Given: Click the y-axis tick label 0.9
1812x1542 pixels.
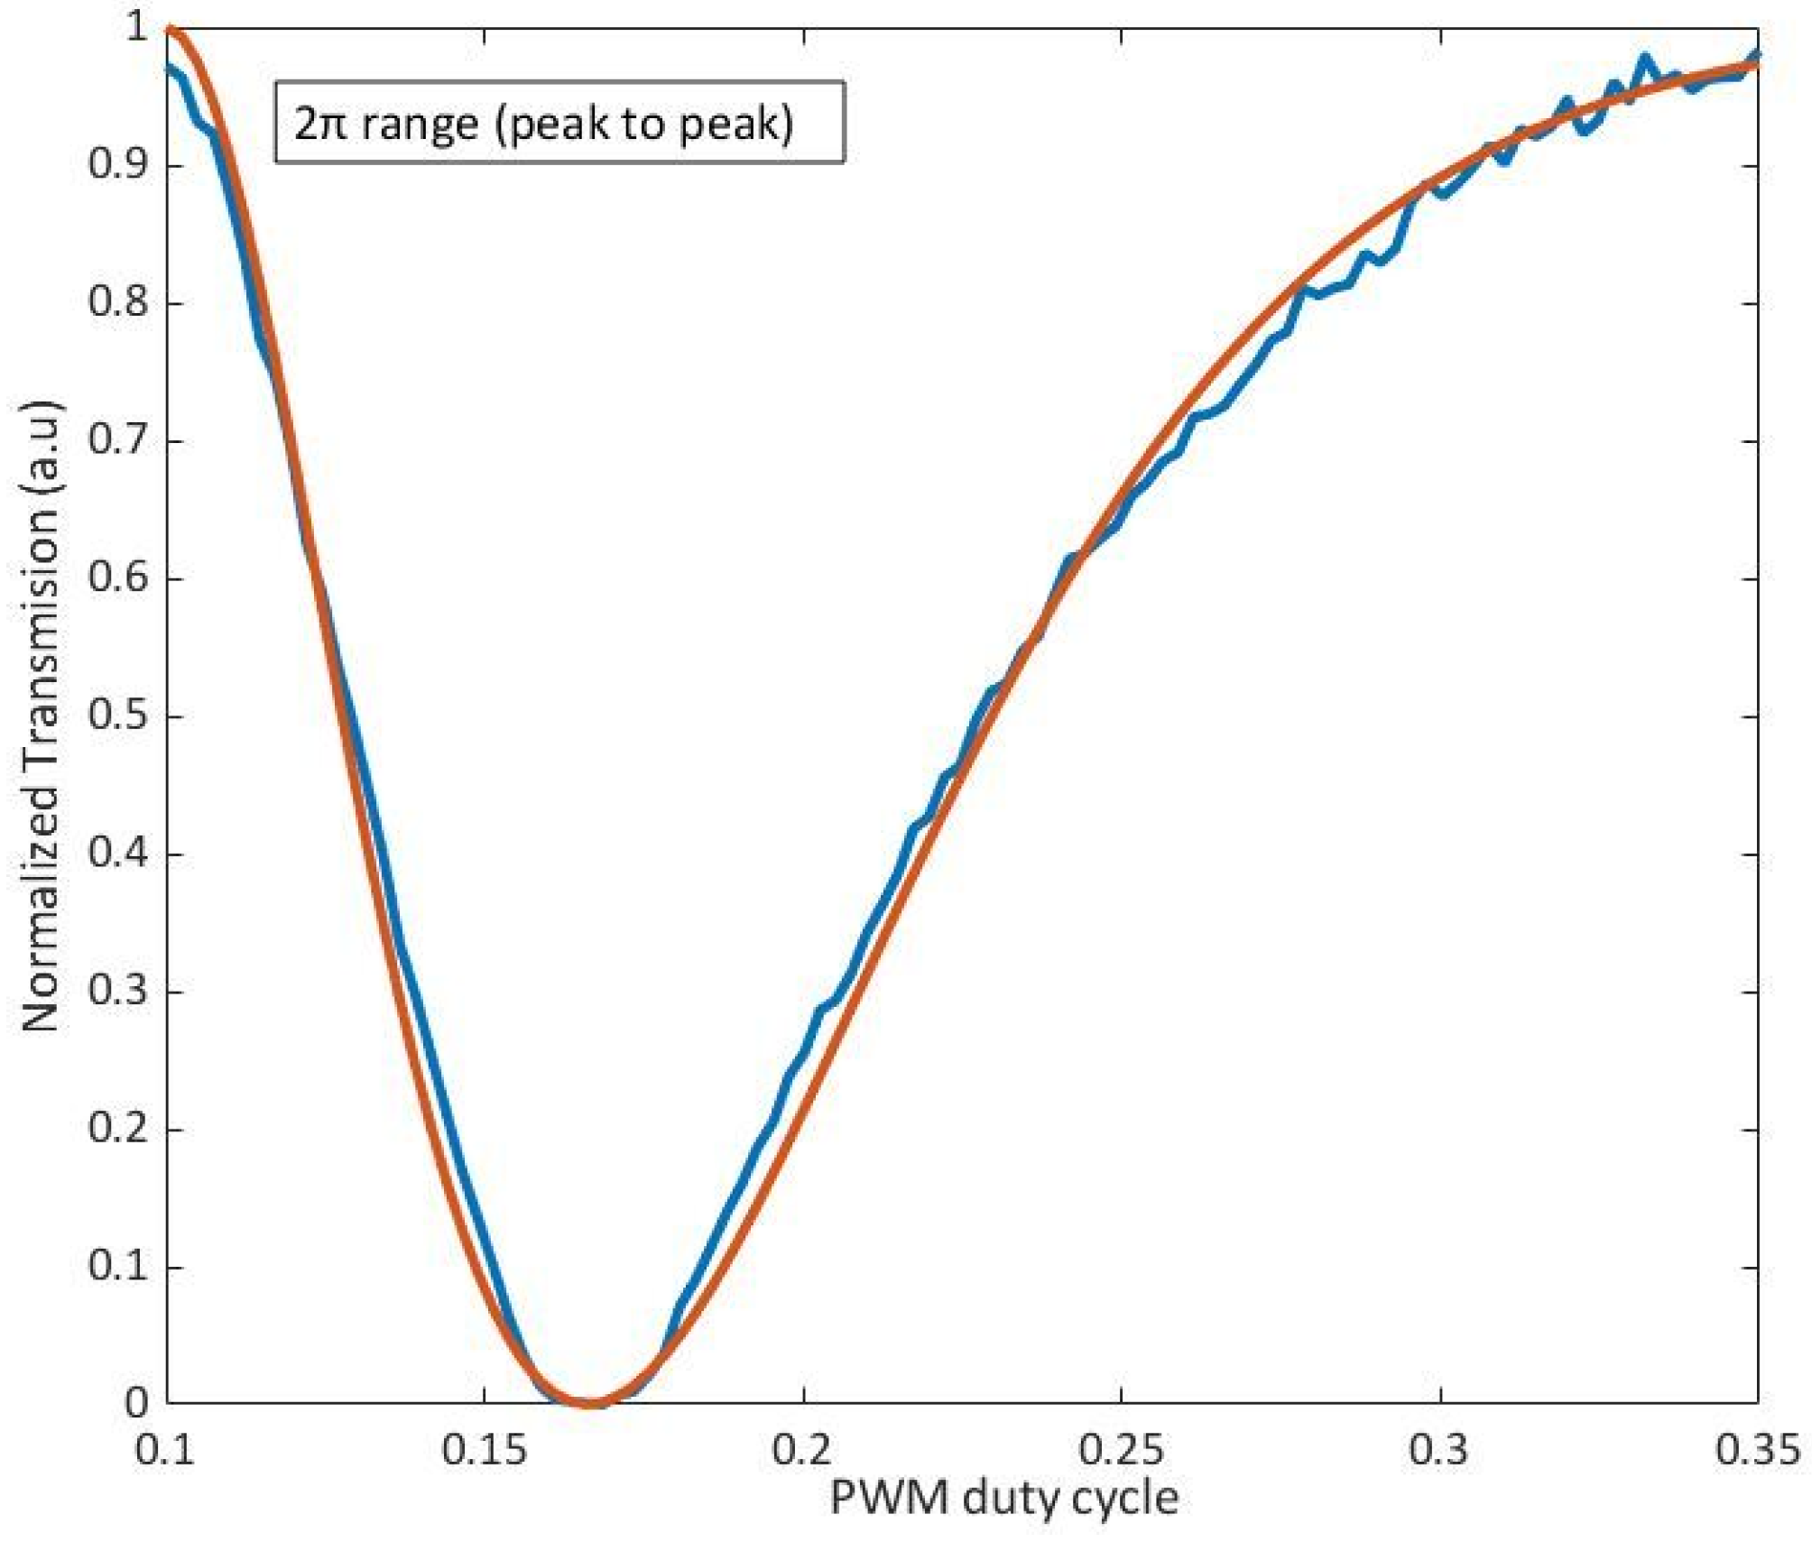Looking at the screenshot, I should (118, 165).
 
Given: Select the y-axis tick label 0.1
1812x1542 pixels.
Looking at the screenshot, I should (118, 1266).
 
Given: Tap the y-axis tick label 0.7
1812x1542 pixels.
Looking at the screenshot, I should (118, 440).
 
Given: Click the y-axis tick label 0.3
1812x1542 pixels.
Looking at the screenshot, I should (118, 991).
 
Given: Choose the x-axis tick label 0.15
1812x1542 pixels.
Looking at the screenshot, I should (484, 1450).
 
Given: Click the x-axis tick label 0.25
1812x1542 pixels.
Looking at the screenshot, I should (1121, 1450).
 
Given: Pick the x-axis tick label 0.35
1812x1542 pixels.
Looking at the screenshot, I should (1756, 1450).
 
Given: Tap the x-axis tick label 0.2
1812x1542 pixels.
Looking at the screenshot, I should (802, 1450).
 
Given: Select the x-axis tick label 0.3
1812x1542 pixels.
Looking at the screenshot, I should (1439, 1450).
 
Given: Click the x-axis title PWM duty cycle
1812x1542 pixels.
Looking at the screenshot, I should (1003, 1499).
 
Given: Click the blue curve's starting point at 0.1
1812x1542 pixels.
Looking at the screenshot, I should (168, 67).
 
